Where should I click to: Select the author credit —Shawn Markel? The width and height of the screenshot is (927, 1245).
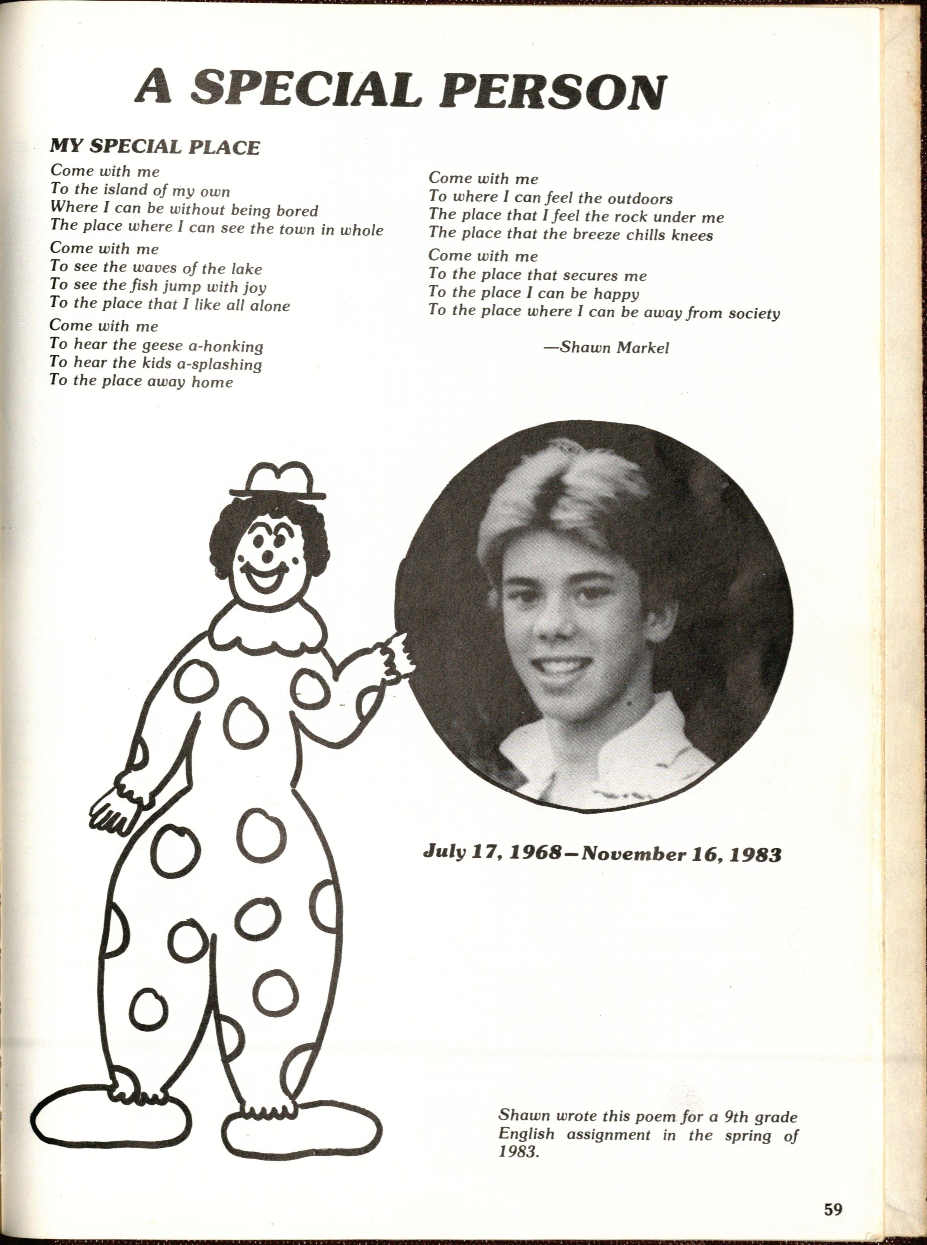click(x=606, y=348)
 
